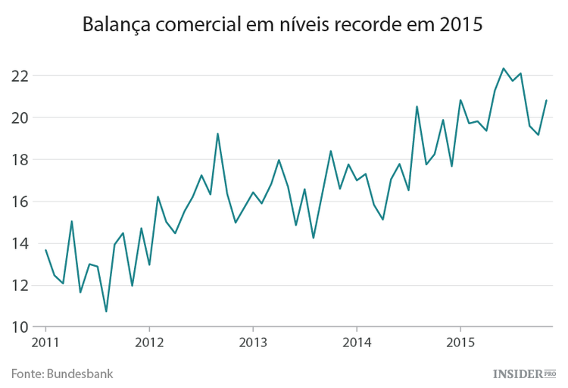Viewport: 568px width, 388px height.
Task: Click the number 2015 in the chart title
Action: (x=457, y=27)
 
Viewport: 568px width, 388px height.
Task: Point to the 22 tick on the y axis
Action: (x=20, y=76)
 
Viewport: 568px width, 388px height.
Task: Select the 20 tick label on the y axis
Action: (x=20, y=117)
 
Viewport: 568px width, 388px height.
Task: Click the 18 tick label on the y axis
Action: (x=20, y=160)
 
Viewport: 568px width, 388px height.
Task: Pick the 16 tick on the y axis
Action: (x=20, y=202)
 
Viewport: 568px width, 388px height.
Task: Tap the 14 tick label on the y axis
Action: (x=20, y=244)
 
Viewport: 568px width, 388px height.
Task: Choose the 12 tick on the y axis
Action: (x=20, y=286)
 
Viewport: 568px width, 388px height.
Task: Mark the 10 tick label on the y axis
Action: (x=20, y=327)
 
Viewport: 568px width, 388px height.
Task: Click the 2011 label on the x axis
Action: (x=45, y=342)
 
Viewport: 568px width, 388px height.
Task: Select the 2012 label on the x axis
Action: (x=149, y=342)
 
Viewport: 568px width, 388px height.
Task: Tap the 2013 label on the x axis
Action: (x=253, y=342)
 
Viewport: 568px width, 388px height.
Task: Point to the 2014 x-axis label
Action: (x=357, y=342)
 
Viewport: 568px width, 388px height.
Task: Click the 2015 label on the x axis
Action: (x=460, y=342)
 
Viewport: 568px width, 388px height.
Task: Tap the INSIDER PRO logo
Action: (x=524, y=373)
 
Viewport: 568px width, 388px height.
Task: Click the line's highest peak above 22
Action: (x=504, y=68)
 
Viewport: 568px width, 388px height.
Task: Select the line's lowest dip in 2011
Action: (x=106, y=311)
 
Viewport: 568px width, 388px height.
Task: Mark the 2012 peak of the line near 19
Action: (x=218, y=134)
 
